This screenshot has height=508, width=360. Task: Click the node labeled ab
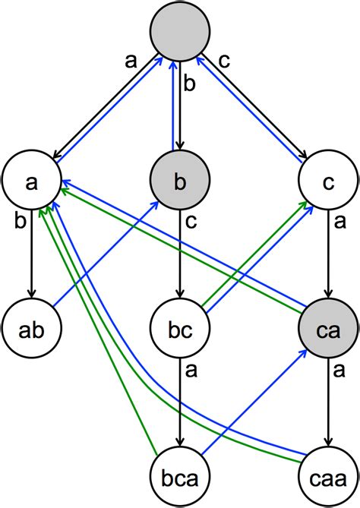[31, 330]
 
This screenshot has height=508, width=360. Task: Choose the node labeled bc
[179, 330]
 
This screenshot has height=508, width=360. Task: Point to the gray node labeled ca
[328, 330]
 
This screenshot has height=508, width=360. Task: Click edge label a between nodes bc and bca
[191, 371]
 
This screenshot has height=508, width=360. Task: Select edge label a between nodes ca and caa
[339, 371]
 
